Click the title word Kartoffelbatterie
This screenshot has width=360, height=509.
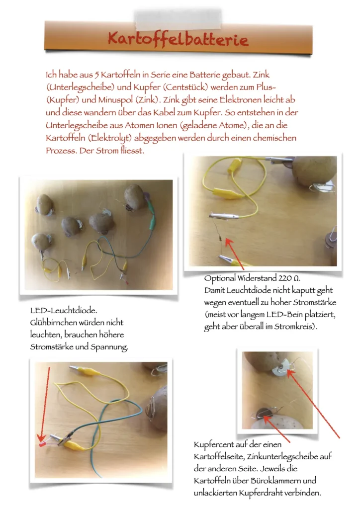(178, 39)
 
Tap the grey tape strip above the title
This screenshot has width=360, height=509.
(178, 19)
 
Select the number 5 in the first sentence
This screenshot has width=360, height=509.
(96, 75)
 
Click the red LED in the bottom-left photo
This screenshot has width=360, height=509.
(42, 444)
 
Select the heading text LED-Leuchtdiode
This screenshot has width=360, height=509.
(64, 310)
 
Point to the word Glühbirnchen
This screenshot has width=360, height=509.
(54, 323)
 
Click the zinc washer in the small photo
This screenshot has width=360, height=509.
(281, 368)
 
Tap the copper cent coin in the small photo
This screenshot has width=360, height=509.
(265, 414)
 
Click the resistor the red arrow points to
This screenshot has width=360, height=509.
(220, 239)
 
